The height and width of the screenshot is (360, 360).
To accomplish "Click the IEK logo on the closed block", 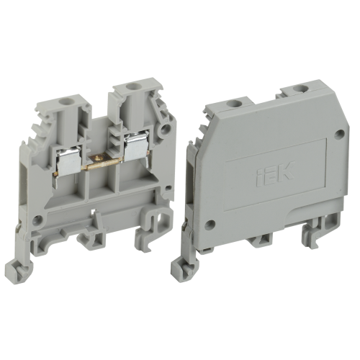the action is tap(276, 174).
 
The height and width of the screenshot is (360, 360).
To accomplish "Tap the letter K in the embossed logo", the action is tap(286, 171).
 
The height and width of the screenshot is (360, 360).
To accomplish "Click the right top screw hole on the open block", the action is tap(131, 86).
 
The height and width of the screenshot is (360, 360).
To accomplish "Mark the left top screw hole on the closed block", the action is tap(233, 104).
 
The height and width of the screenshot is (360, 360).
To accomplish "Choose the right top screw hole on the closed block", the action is tap(300, 89).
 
